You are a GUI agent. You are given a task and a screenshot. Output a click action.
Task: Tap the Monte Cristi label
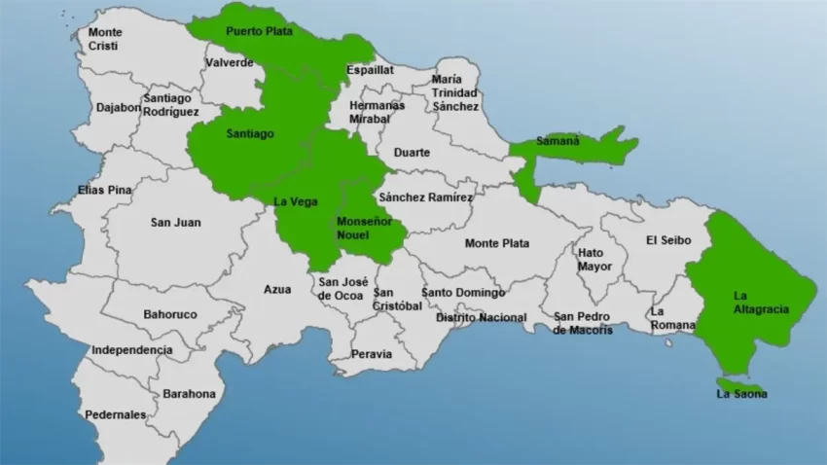coord(106,39)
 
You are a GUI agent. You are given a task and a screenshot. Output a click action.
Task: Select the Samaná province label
coord(557,140)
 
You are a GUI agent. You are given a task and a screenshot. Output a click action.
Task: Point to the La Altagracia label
coord(761,303)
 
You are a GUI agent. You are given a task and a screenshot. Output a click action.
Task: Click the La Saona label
coord(741,394)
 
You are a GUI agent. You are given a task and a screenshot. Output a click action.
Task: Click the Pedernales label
coord(115,414)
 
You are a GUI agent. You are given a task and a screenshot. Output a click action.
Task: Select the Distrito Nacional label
coord(481,317)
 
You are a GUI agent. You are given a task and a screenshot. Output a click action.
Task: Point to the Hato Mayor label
coord(594,259)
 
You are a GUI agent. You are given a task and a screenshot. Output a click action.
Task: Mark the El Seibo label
coord(666,239)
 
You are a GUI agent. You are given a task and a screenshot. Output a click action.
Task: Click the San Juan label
coord(175,222)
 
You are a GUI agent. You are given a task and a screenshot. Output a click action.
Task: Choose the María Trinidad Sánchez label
coord(455,92)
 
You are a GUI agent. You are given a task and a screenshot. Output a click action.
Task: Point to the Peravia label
coord(372,354)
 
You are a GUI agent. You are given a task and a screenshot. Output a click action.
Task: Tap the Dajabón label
coord(119,107)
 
